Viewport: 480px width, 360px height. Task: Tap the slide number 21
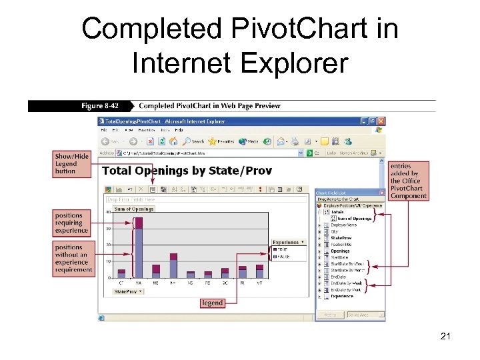446,337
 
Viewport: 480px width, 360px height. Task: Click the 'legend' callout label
212,303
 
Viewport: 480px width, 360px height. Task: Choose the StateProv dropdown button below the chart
129,291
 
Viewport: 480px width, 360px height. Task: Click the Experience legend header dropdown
288,242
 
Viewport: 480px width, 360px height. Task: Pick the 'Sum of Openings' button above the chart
134,209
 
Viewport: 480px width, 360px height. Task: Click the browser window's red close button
381,121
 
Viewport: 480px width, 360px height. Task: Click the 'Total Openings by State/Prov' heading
187,171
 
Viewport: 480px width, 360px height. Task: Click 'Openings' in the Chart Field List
340,251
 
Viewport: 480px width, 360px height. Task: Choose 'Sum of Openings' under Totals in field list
353,219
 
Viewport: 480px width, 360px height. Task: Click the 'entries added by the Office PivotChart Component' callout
408,181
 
